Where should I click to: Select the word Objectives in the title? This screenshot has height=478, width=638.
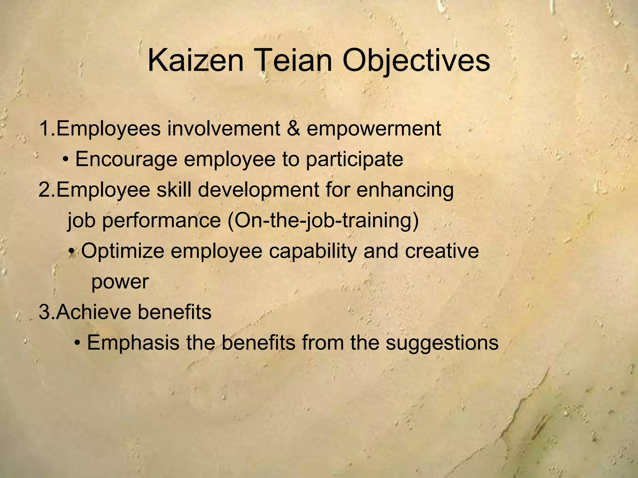tap(416, 61)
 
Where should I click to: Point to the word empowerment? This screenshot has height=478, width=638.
tap(374, 129)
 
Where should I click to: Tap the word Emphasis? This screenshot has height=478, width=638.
tap(133, 343)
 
